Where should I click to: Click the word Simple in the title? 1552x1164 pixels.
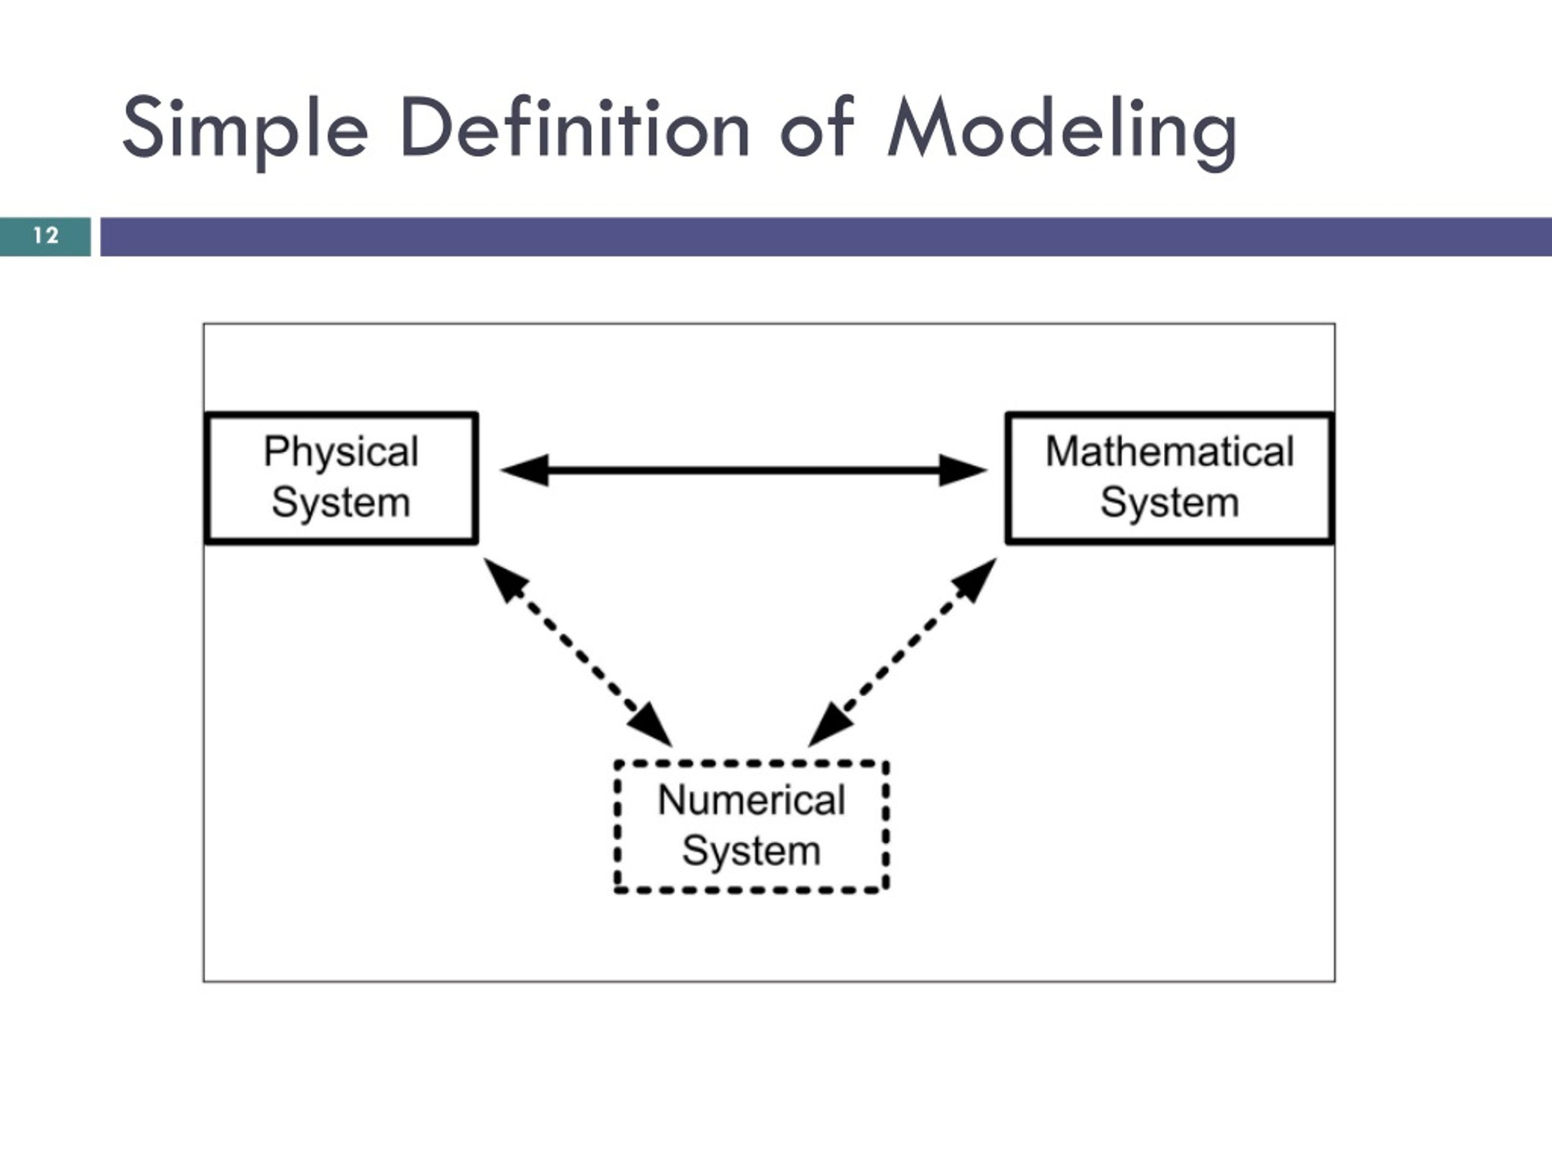[245, 129]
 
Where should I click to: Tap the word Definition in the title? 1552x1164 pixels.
[575, 128]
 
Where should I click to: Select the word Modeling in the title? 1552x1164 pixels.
[1062, 129]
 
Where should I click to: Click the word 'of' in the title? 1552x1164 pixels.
[817, 128]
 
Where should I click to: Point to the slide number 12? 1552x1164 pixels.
[45, 236]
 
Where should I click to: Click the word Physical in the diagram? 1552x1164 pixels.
[341, 452]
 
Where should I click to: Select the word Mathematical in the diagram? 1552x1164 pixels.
[1169, 451]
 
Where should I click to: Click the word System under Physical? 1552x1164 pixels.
[341, 503]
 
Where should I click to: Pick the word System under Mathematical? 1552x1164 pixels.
[1169, 503]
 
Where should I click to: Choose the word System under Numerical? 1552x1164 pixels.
[751, 851]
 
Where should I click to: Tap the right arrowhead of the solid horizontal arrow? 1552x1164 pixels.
[963, 470]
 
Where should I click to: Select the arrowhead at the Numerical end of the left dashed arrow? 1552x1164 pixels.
[652, 726]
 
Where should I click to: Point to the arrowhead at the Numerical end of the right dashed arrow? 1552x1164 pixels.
[829, 726]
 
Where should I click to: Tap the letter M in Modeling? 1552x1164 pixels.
[921, 128]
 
